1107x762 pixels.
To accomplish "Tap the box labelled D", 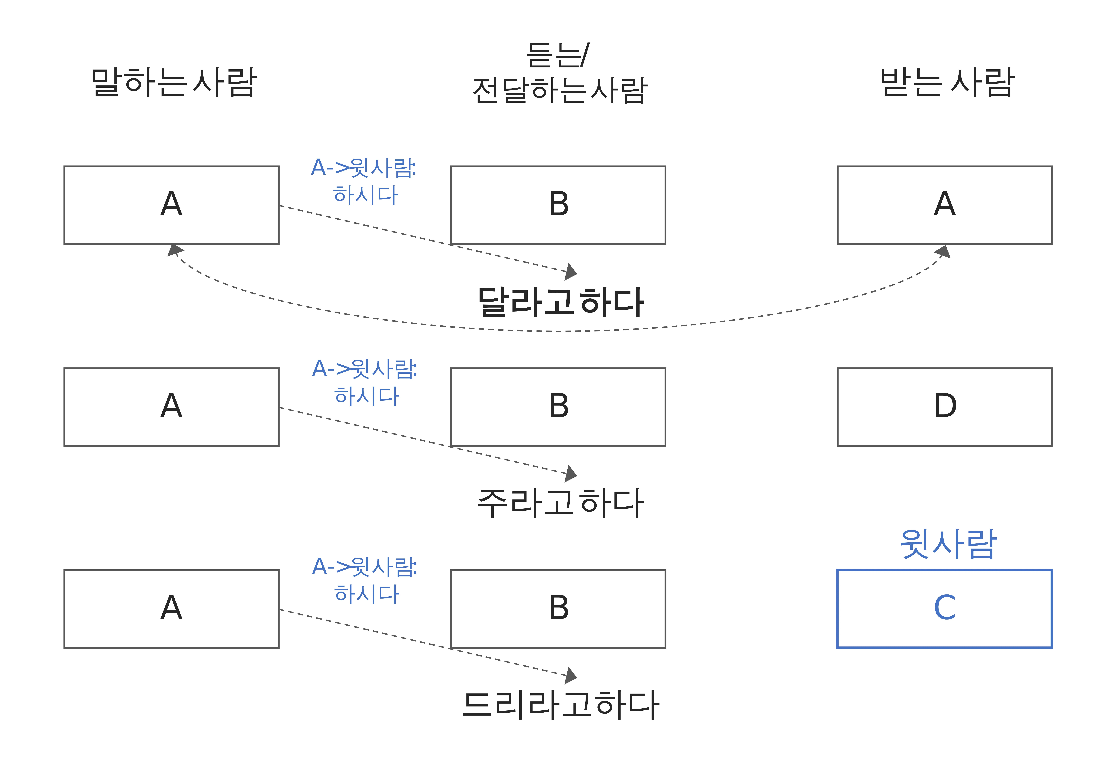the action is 944,407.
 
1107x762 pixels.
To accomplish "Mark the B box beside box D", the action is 558,407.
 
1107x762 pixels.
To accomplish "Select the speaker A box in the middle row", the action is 171,407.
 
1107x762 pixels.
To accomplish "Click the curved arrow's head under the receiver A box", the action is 943,252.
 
